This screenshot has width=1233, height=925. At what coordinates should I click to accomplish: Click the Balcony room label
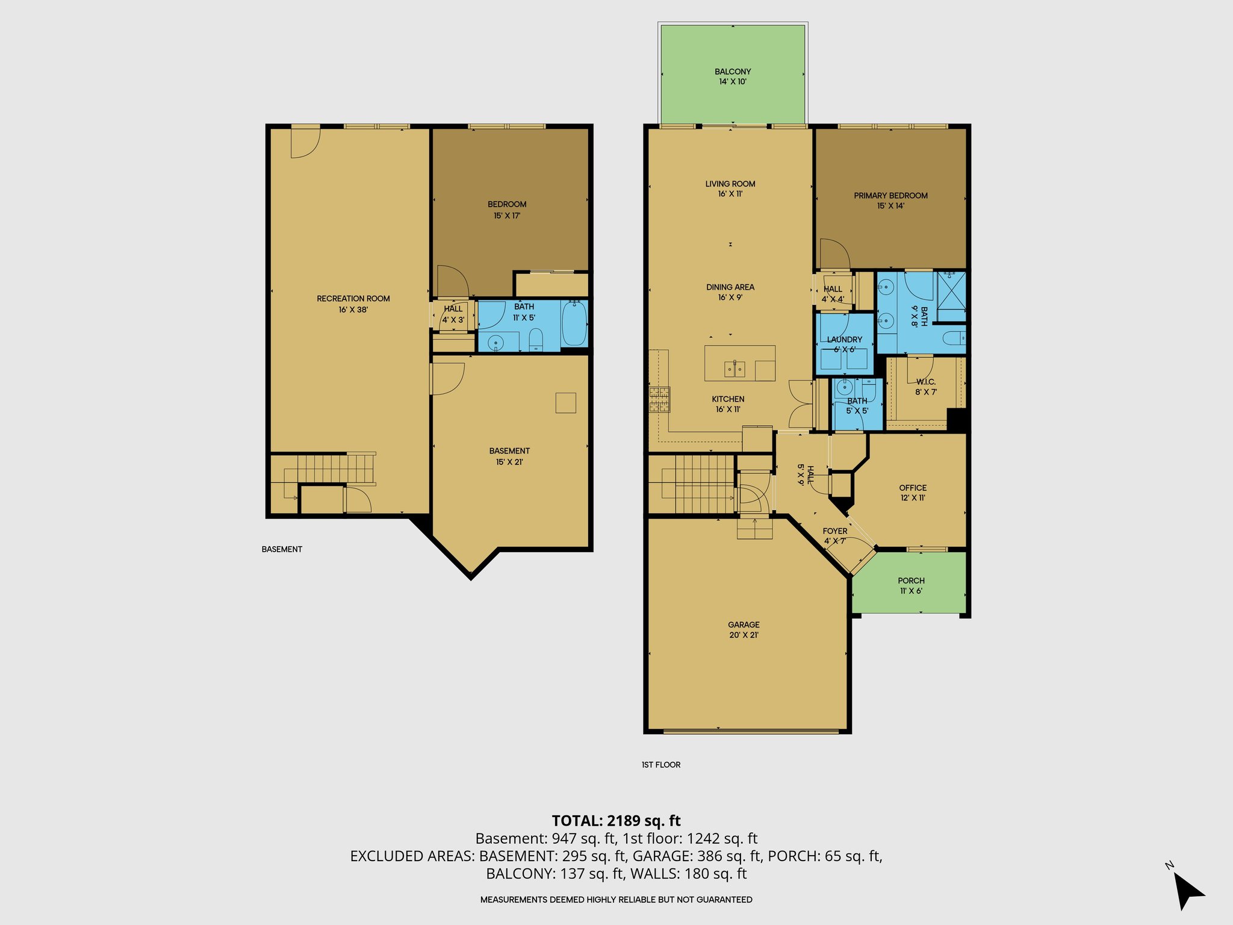point(733,72)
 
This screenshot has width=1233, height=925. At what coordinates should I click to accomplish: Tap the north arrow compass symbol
point(1187,890)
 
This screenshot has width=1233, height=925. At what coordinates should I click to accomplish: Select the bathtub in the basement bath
point(574,323)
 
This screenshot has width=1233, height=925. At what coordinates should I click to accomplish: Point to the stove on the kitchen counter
point(659,399)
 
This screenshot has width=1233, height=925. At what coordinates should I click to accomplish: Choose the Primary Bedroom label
point(890,196)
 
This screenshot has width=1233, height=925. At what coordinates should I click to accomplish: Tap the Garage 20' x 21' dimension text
point(744,635)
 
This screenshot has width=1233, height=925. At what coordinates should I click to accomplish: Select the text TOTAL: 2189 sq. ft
point(616,821)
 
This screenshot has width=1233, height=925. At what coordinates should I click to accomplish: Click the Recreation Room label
point(353,299)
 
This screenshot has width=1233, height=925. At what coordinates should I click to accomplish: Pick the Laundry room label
point(844,340)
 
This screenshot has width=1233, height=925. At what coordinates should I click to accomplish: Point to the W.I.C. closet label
point(925,382)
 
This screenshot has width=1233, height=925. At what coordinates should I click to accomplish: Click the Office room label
point(913,488)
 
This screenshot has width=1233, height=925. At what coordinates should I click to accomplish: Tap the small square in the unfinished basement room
point(565,402)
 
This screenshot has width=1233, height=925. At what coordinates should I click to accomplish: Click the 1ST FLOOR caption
point(660,765)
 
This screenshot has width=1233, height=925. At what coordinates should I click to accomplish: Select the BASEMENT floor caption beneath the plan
point(282,549)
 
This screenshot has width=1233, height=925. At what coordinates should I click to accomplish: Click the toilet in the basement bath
point(536,341)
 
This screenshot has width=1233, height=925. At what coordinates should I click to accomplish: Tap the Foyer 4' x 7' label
point(834,536)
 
